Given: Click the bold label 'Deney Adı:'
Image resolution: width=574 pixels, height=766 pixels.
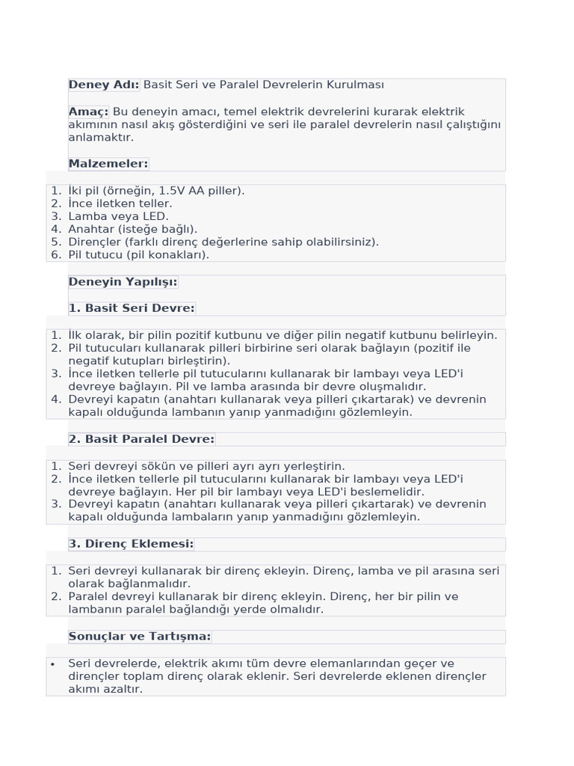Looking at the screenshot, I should (x=104, y=85).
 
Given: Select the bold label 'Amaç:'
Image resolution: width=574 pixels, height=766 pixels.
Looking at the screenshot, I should (x=89, y=111).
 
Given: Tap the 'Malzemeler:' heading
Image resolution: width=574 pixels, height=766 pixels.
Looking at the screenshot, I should (x=108, y=164).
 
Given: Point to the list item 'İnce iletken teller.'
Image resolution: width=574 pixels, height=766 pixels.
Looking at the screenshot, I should (x=120, y=203).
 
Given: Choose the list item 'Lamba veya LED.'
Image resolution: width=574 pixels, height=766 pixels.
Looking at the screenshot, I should (x=118, y=216).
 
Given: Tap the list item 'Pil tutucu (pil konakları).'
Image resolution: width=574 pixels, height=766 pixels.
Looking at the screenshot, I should (x=139, y=254).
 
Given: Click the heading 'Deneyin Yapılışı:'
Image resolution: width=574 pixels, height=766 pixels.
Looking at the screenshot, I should (x=123, y=282).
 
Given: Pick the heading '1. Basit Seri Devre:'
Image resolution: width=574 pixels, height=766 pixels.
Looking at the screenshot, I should (x=132, y=308).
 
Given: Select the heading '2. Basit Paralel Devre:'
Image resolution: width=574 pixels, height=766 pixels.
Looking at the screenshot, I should (x=141, y=439).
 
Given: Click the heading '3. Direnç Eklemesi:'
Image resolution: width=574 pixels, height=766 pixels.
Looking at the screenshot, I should (x=131, y=544).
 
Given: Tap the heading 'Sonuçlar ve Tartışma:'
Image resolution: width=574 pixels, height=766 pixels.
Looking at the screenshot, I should (x=140, y=637).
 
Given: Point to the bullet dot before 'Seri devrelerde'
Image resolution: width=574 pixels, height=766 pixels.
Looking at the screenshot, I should (x=52, y=664).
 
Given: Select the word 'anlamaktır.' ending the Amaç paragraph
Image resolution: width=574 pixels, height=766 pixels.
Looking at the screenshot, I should (x=101, y=138).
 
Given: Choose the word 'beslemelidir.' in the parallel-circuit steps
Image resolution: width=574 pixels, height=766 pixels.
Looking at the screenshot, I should (x=389, y=491).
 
